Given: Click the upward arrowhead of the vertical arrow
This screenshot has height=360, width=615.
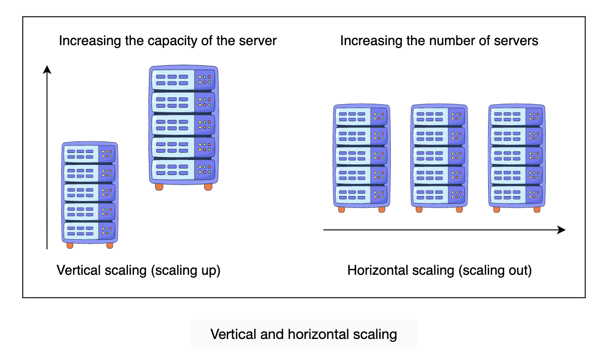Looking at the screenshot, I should pos(47,70).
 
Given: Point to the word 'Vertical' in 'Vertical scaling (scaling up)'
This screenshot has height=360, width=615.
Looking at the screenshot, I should pos(77,271).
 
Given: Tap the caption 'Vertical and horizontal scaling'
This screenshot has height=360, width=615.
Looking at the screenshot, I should pos(303,334).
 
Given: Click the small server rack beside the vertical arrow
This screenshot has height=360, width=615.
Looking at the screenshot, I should pos(89,193).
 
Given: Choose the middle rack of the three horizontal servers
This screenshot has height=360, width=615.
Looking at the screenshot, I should pos(439,155).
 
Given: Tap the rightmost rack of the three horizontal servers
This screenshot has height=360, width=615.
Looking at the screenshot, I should pos(517,155).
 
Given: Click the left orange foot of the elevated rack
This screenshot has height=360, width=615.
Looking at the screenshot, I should pos(159,187).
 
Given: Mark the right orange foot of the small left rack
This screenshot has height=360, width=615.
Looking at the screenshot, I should pos(110,246).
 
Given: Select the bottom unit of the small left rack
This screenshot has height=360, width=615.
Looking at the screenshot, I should pos(89,231).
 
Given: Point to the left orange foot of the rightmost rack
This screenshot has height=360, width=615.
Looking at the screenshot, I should pos(497,209).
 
